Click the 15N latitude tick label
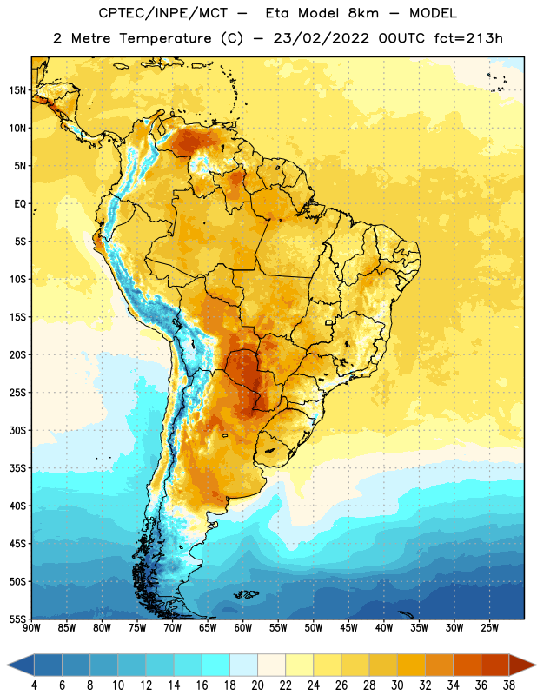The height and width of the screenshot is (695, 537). [17, 90]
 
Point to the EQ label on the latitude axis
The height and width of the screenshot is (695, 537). [20, 204]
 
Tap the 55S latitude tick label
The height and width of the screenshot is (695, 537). [17, 619]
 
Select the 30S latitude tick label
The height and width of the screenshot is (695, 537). [17, 430]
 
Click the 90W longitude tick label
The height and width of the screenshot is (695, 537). [31, 628]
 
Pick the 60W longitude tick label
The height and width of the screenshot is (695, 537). [243, 628]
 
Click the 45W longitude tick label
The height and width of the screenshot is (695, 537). [348, 628]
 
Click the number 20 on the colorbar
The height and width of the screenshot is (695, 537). [257, 685]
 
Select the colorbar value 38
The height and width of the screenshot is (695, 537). [509, 685]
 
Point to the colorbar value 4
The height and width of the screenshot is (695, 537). [34, 685]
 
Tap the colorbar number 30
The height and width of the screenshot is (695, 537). [397, 685]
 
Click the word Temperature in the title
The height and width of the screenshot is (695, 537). [165, 38]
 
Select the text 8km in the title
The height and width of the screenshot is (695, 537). [363, 13]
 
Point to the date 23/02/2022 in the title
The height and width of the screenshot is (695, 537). [321, 38]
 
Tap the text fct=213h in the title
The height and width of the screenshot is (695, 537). [468, 38]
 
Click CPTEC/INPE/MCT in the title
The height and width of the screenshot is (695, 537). [162, 13]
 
